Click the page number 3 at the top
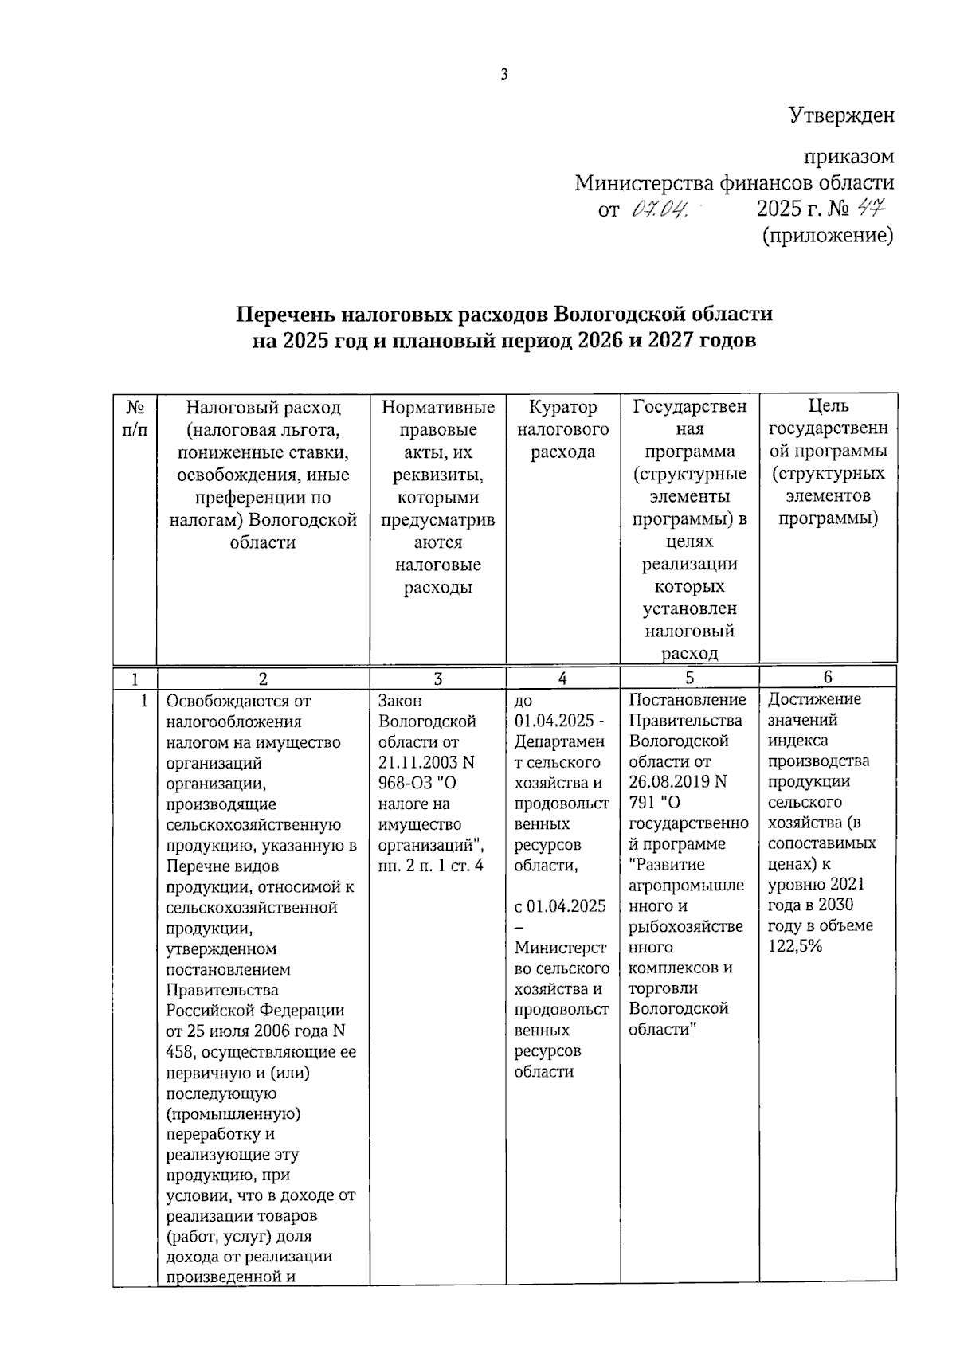pyautogui.click(x=504, y=75)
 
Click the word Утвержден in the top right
pyautogui.click(x=841, y=115)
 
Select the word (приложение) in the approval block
pyautogui.click(x=828, y=236)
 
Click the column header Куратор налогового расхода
pyautogui.click(x=562, y=429)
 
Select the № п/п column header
pyautogui.click(x=135, y=418)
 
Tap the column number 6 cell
pyautogui.click(x=828, y=677)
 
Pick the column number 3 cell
pyautogui.click(x=437, y=678)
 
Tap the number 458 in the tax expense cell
pyautogui.click(x=179, y=1052)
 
